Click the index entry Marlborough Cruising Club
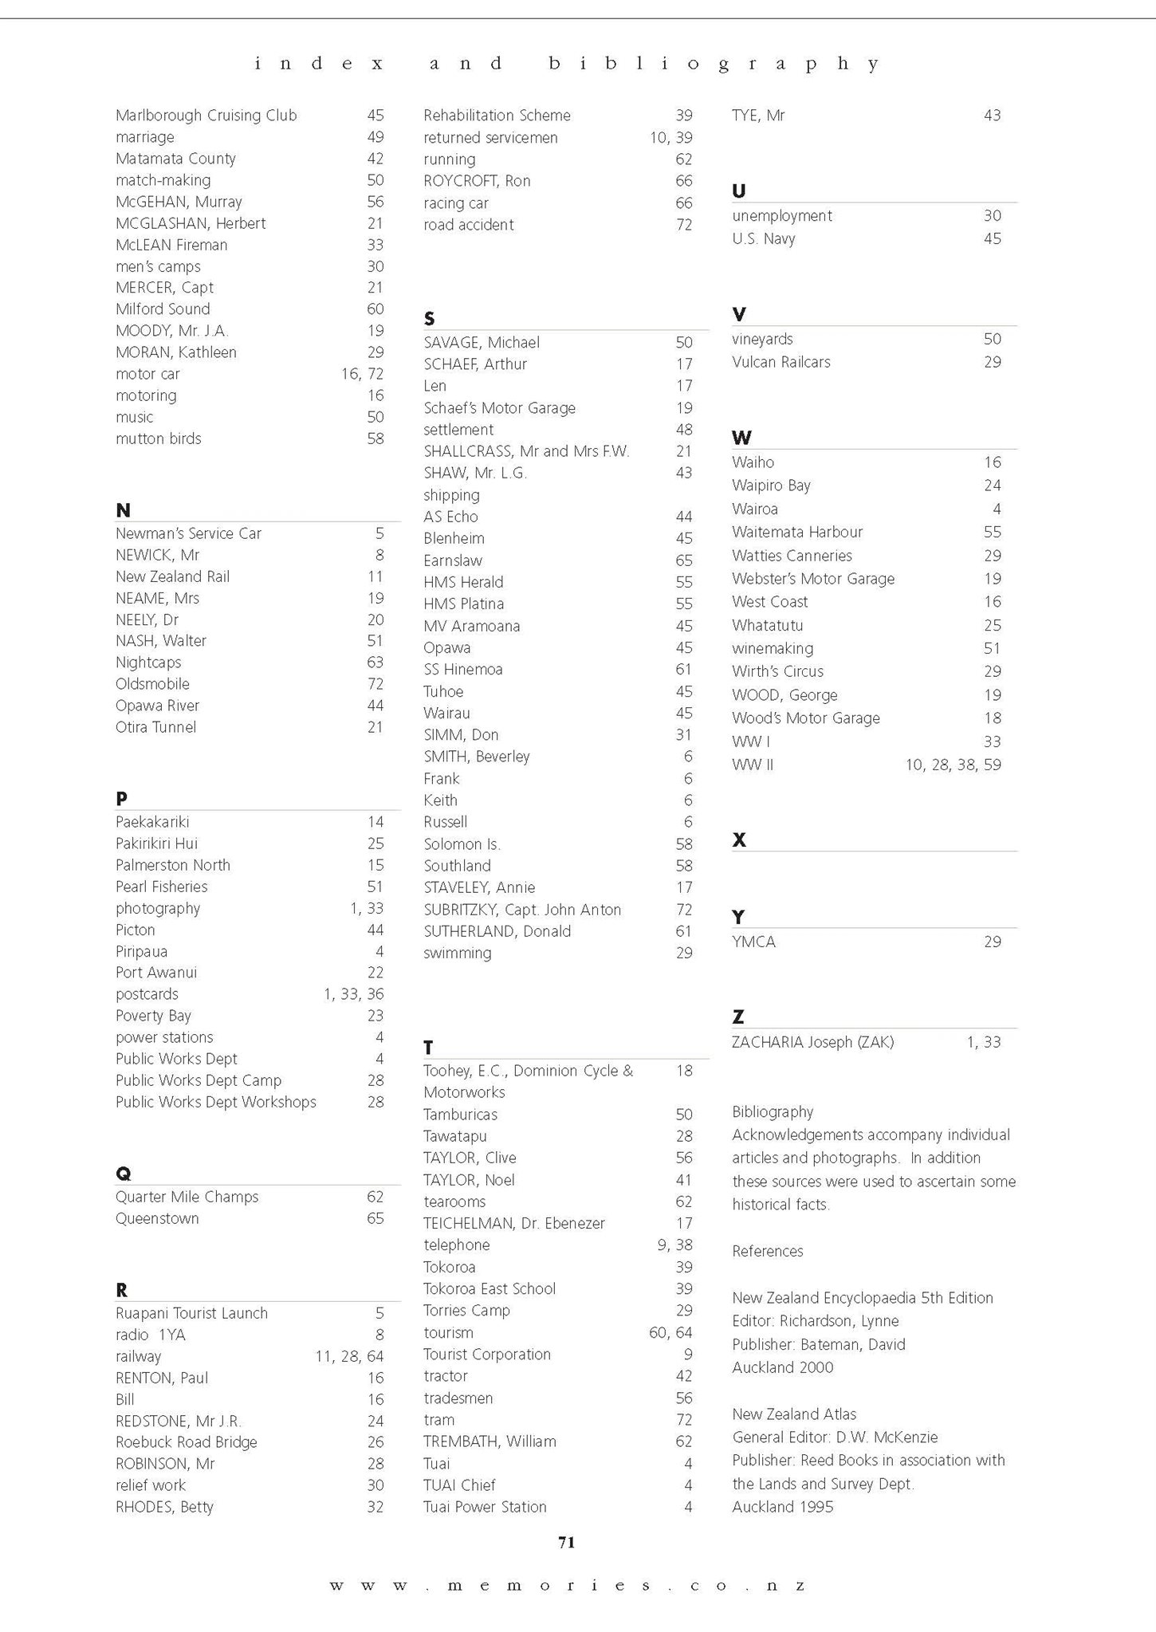pos(206,116)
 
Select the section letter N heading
pos(123,510)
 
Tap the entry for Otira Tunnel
pos(155,727)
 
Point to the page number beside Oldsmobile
pos(375,684)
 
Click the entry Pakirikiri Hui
pos(156,844)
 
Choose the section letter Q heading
pos(123,1173)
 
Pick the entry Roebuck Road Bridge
pos(186,1442)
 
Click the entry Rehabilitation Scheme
pos(497,116)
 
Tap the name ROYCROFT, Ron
pos(477,181)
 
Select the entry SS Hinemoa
pos(462,670)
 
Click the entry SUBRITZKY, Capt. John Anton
pos(521,910)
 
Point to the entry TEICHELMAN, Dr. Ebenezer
pos(513,1223)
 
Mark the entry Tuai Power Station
pos(485,1507)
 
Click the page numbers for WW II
pos(953,765)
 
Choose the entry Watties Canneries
pos(792,556)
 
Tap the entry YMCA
pos(753,942)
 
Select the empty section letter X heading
pos(739,840)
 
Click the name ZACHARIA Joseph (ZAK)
pos(812,1042)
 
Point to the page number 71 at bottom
pos(566,1542)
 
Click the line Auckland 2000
pos(782,1367)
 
